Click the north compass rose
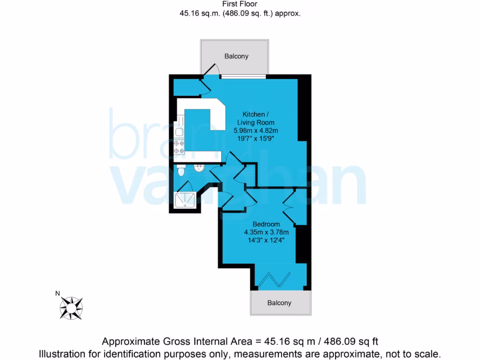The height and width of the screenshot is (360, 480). [71, 308]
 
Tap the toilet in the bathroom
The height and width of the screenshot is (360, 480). [181, 172]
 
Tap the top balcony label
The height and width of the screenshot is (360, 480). [236, 56]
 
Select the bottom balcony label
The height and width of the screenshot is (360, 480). [279, 303]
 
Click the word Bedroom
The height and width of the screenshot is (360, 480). [266, 224]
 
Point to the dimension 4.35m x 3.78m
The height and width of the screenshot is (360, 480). [266, 232]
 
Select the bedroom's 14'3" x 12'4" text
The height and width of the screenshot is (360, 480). [266, 240]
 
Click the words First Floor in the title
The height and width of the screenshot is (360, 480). [240, 4]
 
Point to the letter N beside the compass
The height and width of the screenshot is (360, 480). [58, 294]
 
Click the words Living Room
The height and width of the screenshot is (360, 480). [255, 122]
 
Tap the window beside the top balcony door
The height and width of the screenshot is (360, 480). [243, 75]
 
